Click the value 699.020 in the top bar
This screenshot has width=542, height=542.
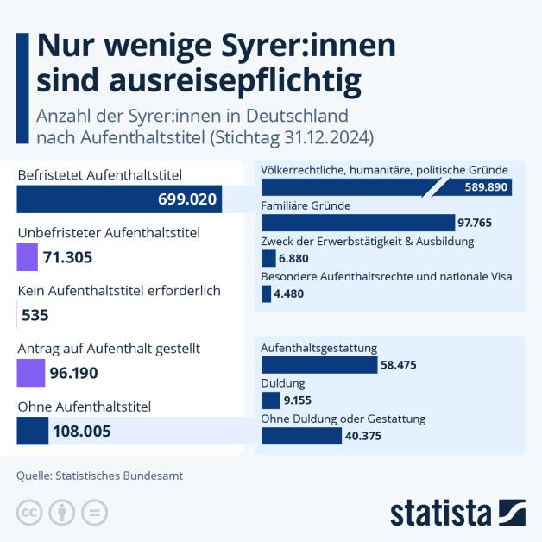pyautogui.click(x=187, y=199)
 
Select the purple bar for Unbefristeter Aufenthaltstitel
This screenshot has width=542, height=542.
pyautogui.click(x=28, y=256)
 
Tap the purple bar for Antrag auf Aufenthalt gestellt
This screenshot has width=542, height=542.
pyautogui.click(x=30, y=373)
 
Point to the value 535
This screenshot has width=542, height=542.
pyautogui.click(x=35, y=315)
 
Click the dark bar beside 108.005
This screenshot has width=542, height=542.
pyautogui.click(x=33, y=431)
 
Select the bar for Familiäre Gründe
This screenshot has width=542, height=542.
pyautogui.click(x=357, y=222)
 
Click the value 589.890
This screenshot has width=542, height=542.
pyautogui.click(x=484, y=186)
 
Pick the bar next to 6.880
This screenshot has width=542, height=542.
pyautogui.click(x=268, y=257)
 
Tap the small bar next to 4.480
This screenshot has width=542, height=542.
pyautogui.click(x=266, y=293)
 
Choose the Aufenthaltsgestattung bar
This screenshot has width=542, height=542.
pyautogui.click(x=318, y=364)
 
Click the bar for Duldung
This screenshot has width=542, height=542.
pyautogui.click(x=270, y=400)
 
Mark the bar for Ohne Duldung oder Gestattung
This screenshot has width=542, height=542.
pyautogui.click(x=301, y=436)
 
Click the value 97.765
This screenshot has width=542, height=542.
pyautogui.click(x=475, y=223)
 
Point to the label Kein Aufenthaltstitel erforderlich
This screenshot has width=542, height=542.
pyautogui.click(x=119, y=291)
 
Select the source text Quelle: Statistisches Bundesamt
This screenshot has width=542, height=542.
pyautogui.click(x=100, y=475)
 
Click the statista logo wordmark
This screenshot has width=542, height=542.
pyautogui.click(x=440, y=513)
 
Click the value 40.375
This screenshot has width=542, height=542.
pyautogui.click(x=363, y=437)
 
